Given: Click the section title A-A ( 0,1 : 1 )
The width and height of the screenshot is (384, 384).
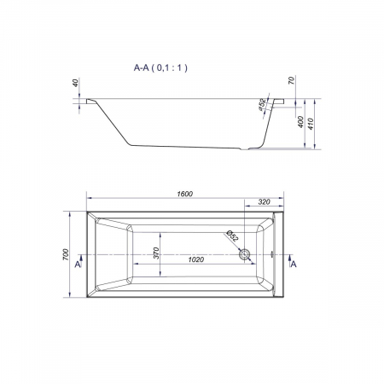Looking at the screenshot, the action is [160, 68].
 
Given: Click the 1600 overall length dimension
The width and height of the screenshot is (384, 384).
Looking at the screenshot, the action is [185, 194].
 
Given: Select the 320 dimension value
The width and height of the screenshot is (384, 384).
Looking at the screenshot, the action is [264, 202].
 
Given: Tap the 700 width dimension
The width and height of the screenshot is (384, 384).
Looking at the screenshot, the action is [66, 254].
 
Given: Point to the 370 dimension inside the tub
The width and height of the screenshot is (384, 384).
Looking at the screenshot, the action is [156, 253].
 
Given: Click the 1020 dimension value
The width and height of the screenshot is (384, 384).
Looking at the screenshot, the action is [196, 259].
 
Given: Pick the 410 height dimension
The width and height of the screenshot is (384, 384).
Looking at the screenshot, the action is [311, 124].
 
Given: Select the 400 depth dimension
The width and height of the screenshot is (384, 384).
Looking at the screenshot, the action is [301, 122].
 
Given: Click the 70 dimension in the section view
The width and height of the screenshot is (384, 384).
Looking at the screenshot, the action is [291, 80].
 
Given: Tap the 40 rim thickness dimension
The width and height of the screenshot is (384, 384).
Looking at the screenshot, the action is [75, 83].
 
